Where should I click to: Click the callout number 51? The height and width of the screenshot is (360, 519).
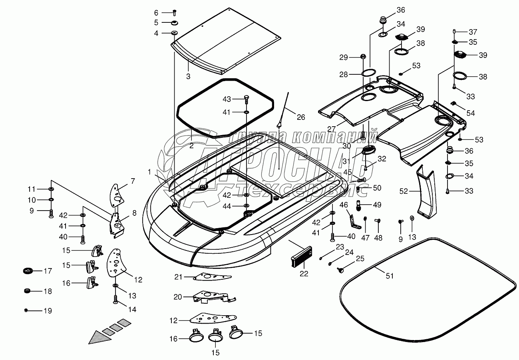click(x=390, y=276)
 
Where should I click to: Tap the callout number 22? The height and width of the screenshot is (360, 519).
click(x=304, y=274)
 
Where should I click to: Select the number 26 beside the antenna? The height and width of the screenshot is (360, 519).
click(x=301, y=117)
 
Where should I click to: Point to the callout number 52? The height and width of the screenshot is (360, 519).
click(x=404, y=191)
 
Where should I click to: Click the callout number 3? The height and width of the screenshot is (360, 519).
click(x=188, y=76)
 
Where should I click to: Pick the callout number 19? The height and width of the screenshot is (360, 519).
click(x=48, y=311)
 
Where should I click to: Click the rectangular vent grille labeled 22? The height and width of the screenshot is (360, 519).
click(x=301, y=257)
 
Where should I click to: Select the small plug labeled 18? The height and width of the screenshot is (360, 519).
click(x=27, y=291)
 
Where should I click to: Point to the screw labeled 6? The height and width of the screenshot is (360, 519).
click(x=175, y=12)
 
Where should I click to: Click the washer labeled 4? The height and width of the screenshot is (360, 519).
click(x=175, y=33)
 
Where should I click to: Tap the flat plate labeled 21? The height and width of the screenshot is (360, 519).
click(x=212, y=277)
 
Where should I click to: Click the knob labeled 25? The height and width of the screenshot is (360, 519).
click(x=340, y=270)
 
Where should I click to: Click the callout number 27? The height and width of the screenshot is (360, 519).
click(x=332, y=129)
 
